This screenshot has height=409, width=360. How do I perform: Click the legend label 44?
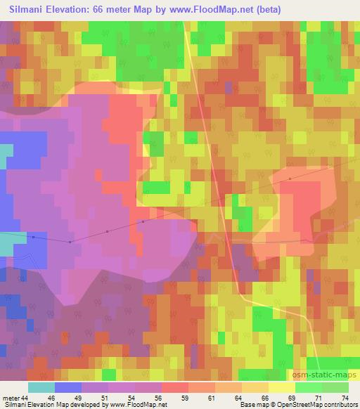pos(26,397)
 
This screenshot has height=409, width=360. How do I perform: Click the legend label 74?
pos(345,397)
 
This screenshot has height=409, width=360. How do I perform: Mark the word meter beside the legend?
pos(11,397)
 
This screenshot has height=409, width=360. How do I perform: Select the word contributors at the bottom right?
pos(337,405)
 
